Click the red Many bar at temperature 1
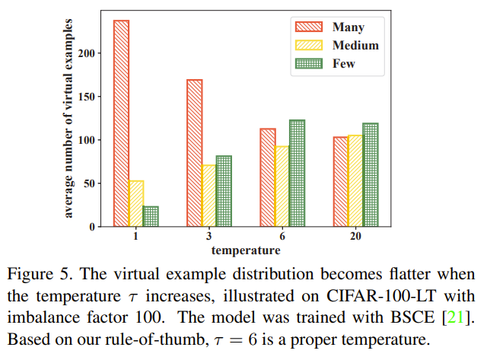click(121, 123)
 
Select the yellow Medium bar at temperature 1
click(136, 203)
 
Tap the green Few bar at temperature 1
click(151, 216)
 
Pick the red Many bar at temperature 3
click(194, 153)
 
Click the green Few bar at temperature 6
click(297, 174)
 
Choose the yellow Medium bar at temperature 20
click(355, 180)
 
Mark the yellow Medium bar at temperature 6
click(282, 186)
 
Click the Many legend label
click(348, 27)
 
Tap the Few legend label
click(343, 64)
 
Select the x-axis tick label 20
click(355, 237)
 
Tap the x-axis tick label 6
click(282, 237)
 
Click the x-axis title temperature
click(245, 250)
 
